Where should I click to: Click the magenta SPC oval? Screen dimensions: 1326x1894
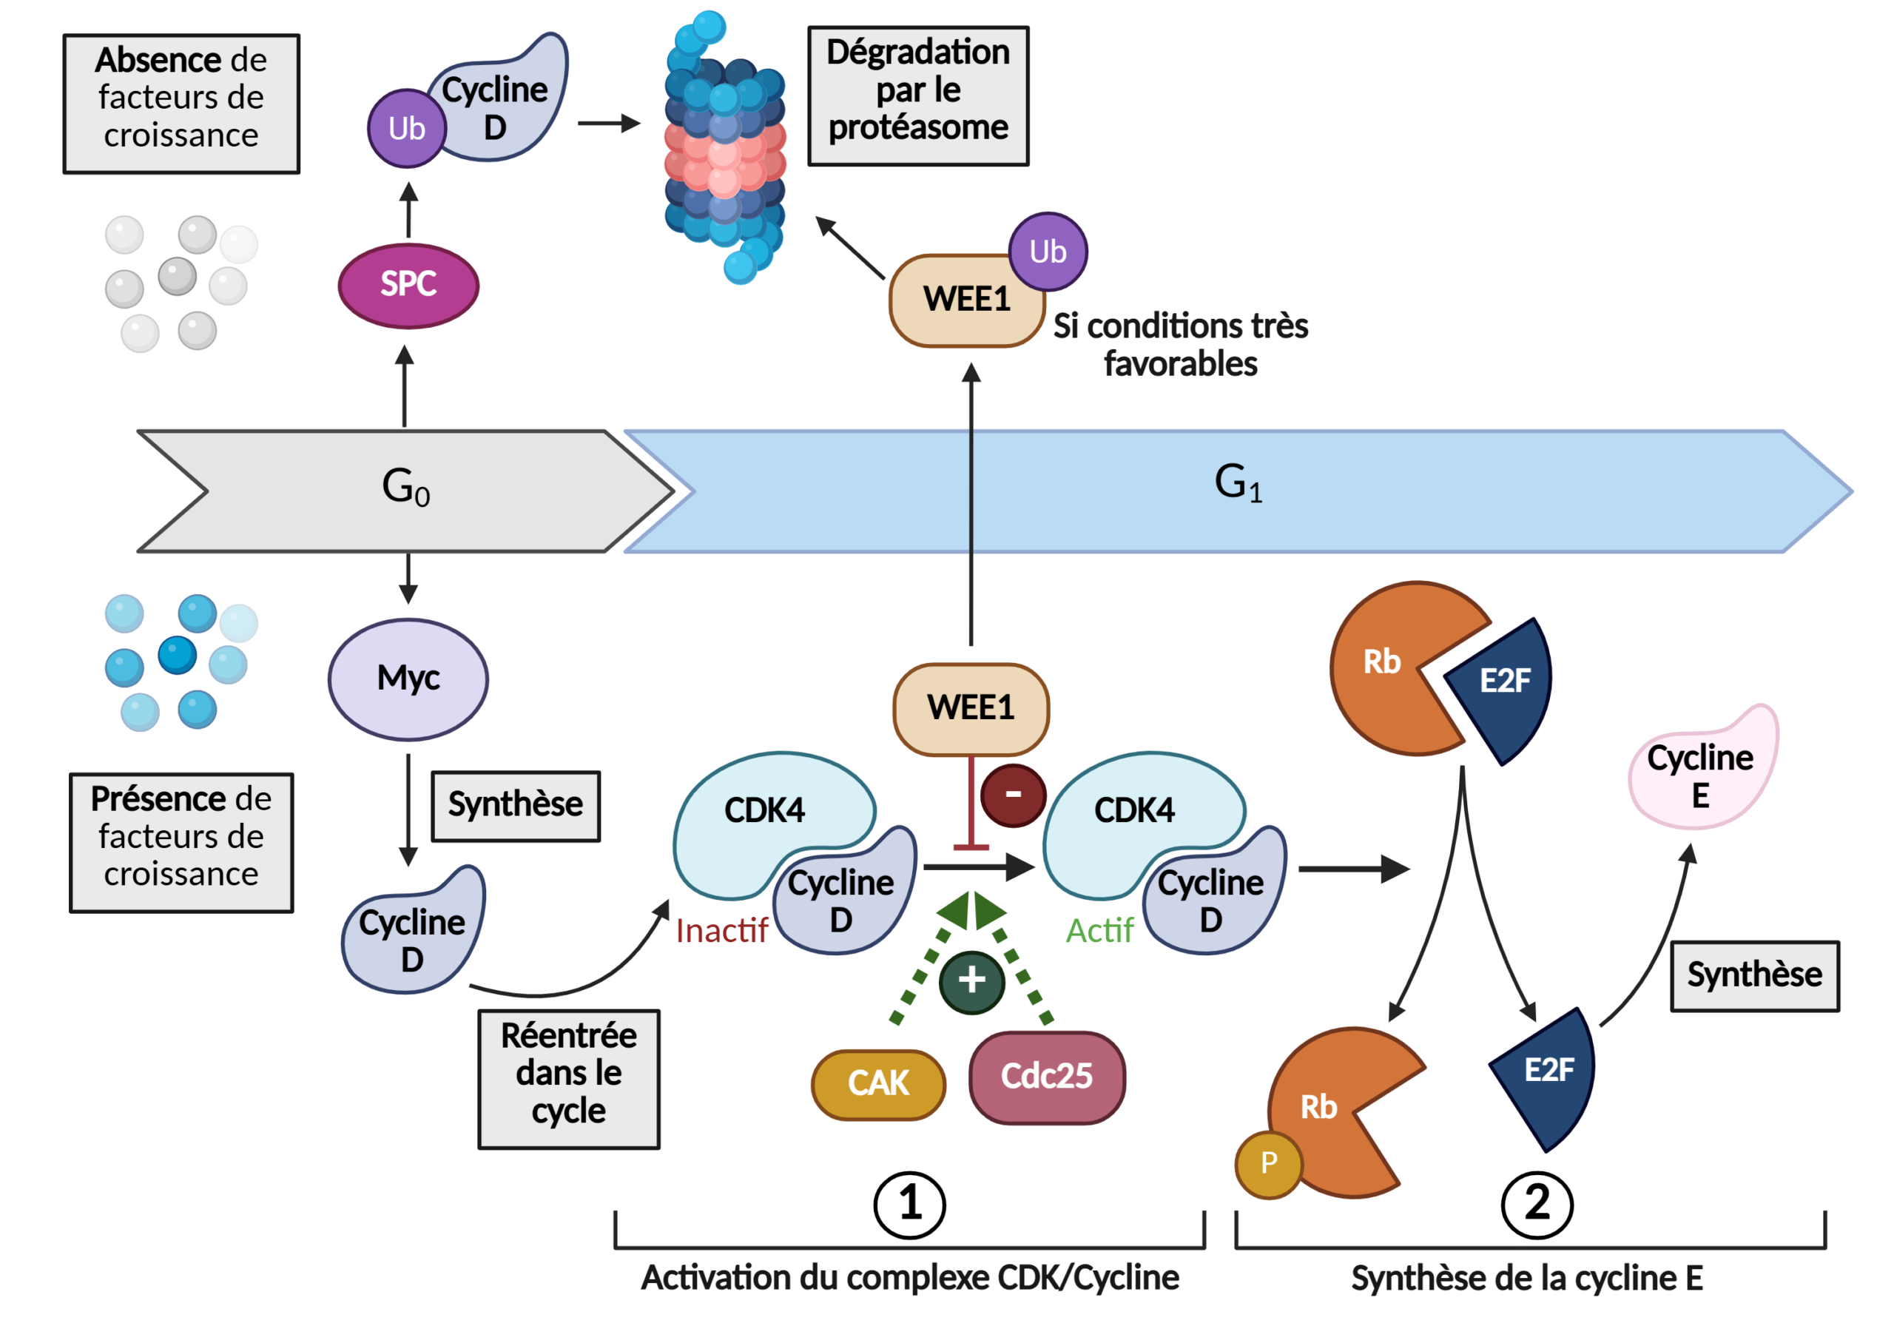(408, 285)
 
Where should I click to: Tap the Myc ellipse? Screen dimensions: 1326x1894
(408, 679)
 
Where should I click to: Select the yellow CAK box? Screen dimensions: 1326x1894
(878, 1083)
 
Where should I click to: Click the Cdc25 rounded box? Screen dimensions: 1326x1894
(1047, 1077)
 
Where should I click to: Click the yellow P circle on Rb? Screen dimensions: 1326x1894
(1269, 1163)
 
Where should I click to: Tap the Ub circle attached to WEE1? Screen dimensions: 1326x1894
(1048, 252)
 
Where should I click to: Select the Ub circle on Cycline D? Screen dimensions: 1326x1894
(407, 129)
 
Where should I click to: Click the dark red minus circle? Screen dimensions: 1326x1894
(1013, 795)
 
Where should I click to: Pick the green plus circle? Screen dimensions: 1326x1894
(971, 980)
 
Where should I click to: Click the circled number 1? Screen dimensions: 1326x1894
(910, 1204)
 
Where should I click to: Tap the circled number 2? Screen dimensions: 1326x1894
(1537, 1204)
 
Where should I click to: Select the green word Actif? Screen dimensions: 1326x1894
(1099, 931)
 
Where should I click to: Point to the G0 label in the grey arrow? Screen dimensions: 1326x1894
(405, 487)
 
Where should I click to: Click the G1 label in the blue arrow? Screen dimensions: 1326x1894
(1237, 482)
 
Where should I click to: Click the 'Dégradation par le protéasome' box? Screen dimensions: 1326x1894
(918, 95)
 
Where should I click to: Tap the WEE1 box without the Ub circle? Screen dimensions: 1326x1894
(971, 708)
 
